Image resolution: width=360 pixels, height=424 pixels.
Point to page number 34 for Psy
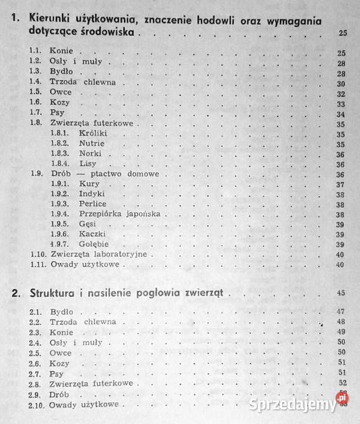(x=340, y=114)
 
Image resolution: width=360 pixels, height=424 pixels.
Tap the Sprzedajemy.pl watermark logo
(x=301, y=405)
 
